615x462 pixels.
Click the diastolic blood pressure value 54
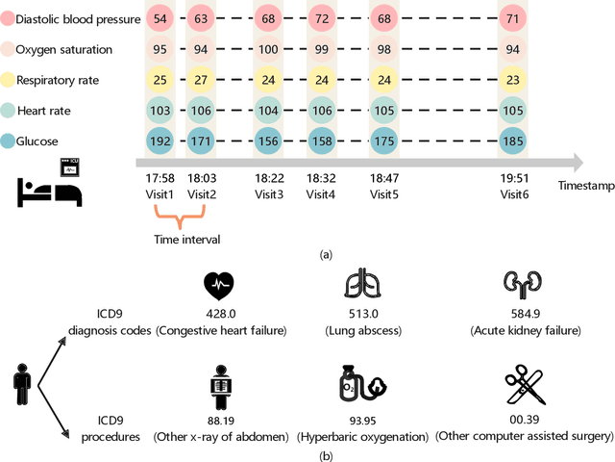[159, 19]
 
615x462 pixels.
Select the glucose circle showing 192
[159, 141]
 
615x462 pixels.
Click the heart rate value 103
[159, 110]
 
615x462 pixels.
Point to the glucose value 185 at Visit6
[513, 141]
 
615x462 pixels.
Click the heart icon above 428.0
[220, 286]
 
